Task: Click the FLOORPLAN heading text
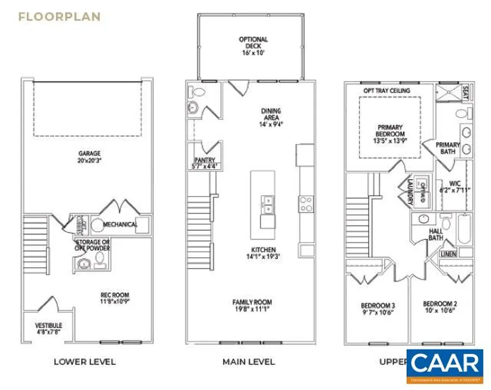(x=59, y=17)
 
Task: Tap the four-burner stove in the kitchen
(x=306, y=204)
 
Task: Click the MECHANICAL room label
(x=120, y=224)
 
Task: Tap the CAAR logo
(x=444, y=367)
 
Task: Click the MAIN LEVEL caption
(x=248, y=361)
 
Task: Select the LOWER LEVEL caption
(x=84, y=361)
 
